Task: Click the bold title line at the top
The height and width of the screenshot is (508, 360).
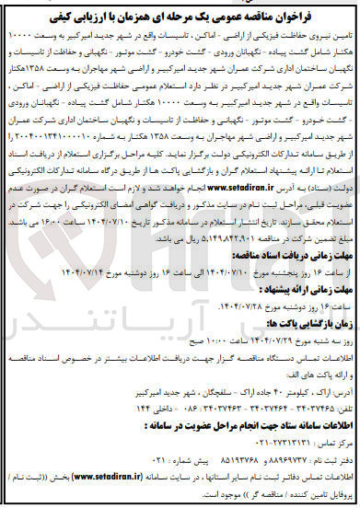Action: [x=180, y=12]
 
